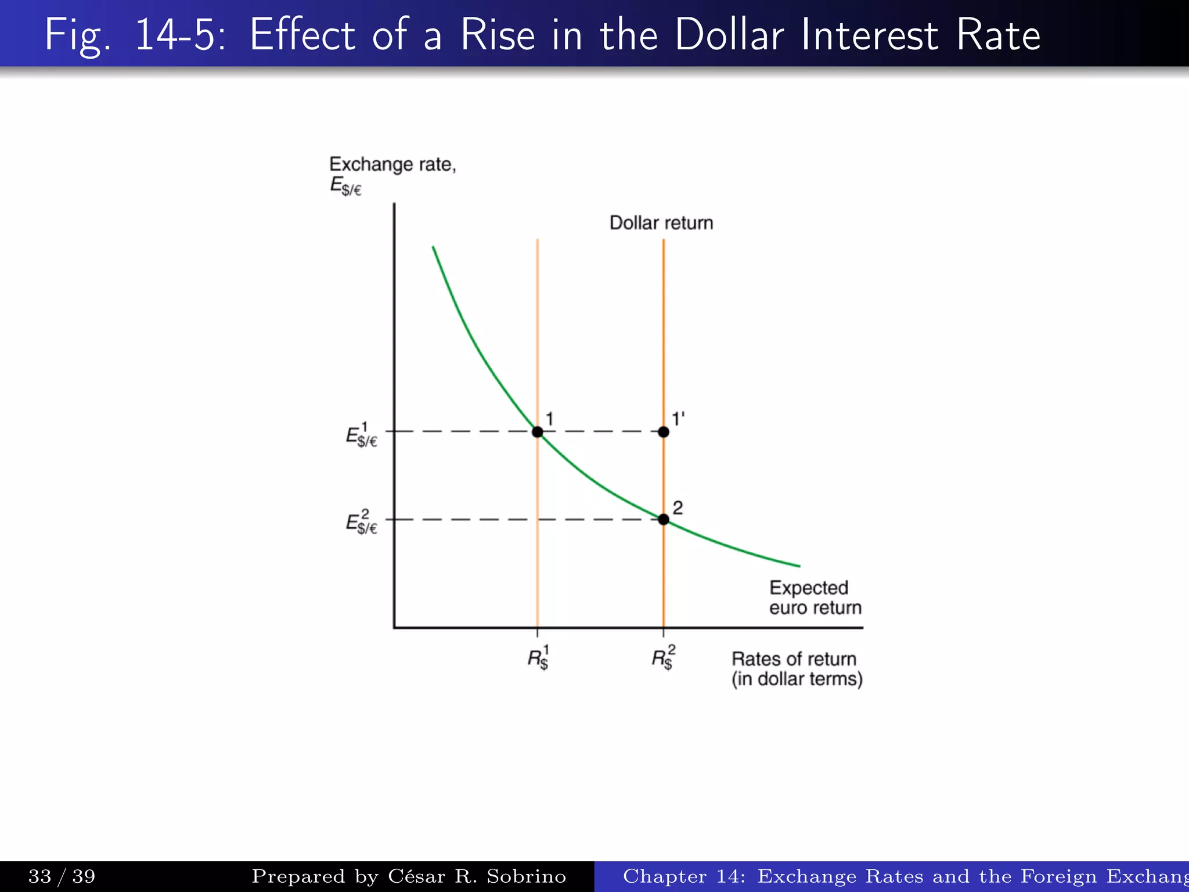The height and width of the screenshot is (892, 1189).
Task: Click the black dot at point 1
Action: point(537,432)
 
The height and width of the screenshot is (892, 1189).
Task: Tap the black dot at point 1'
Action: point(664,432)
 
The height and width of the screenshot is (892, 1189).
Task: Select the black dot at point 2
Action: point(664,519)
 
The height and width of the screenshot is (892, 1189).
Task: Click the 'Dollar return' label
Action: point(661,223)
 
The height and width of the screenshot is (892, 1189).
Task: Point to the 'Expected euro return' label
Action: point(815,598)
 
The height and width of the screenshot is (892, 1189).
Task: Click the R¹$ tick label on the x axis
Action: point(538,658)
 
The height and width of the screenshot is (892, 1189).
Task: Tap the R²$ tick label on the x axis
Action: point(663,658)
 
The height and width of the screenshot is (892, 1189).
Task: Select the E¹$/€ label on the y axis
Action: point(361,436)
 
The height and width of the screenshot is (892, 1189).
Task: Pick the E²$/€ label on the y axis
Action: point(361,522)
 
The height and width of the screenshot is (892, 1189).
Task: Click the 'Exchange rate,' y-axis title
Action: point(392,164)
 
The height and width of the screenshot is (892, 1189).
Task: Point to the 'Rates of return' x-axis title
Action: point(794,659)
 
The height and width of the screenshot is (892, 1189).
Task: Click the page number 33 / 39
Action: point(62,876)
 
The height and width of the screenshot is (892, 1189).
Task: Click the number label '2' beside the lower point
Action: point(678,508)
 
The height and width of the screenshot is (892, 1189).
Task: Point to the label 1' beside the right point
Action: point(678,419)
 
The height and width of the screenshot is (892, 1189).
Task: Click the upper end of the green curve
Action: point(434,249)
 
